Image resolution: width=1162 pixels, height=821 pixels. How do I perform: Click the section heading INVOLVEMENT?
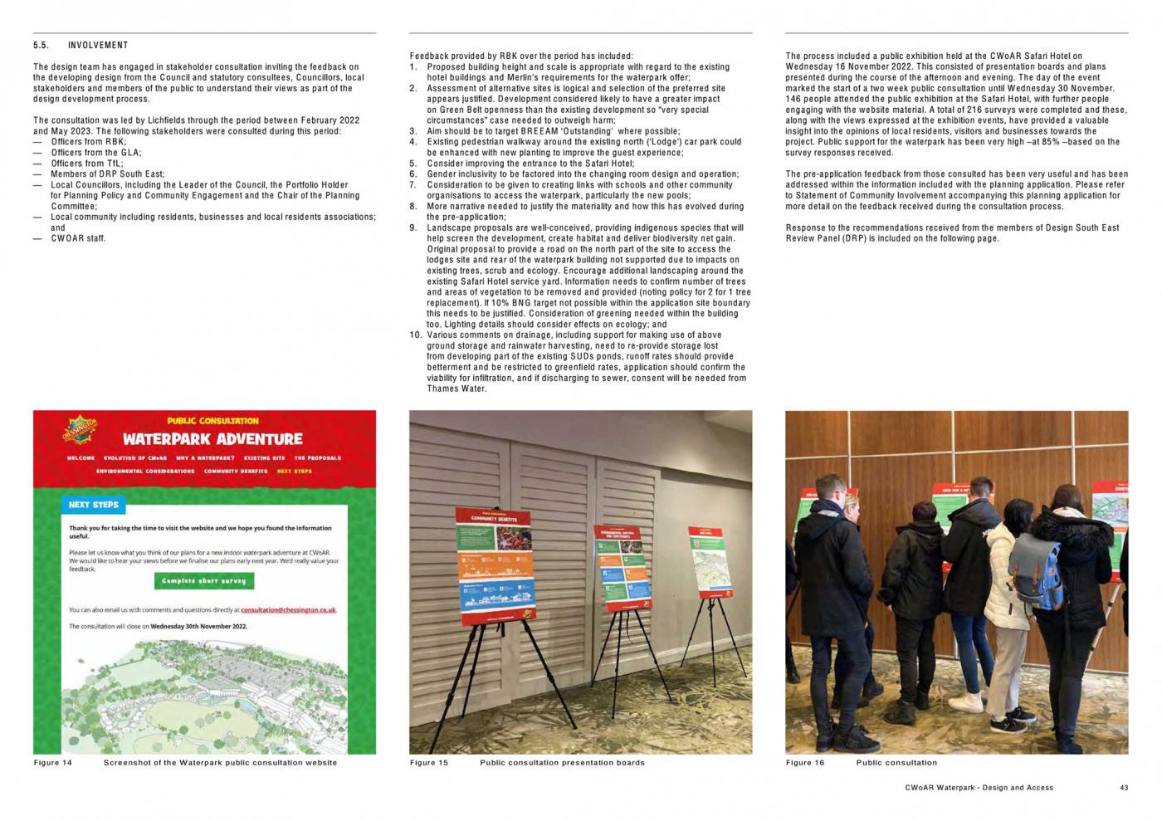[98, 46]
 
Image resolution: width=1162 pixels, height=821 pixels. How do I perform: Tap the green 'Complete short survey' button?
[203, 581]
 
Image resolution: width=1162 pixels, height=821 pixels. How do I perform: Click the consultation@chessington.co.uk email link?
[288, 610]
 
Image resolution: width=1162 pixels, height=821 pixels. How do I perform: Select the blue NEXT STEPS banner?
[93, 504]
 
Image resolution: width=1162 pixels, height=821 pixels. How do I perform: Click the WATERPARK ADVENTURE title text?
[212, 438]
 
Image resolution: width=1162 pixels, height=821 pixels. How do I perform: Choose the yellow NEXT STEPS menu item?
[295, 472]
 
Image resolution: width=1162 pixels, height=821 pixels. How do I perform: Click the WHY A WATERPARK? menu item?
[205, 458]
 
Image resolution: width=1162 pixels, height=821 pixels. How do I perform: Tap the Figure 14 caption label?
[53, 763]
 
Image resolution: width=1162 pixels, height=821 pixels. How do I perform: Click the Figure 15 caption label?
[429, 763]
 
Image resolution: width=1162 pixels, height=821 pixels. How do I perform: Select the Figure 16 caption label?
[805, 763]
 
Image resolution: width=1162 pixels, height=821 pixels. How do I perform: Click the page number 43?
[1124, 788]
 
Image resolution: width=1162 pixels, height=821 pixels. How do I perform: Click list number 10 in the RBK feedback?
[416, 335]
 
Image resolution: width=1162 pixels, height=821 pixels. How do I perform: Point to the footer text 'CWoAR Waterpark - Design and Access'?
[979, 788]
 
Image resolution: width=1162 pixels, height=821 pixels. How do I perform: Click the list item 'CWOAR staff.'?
[78, 239]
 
